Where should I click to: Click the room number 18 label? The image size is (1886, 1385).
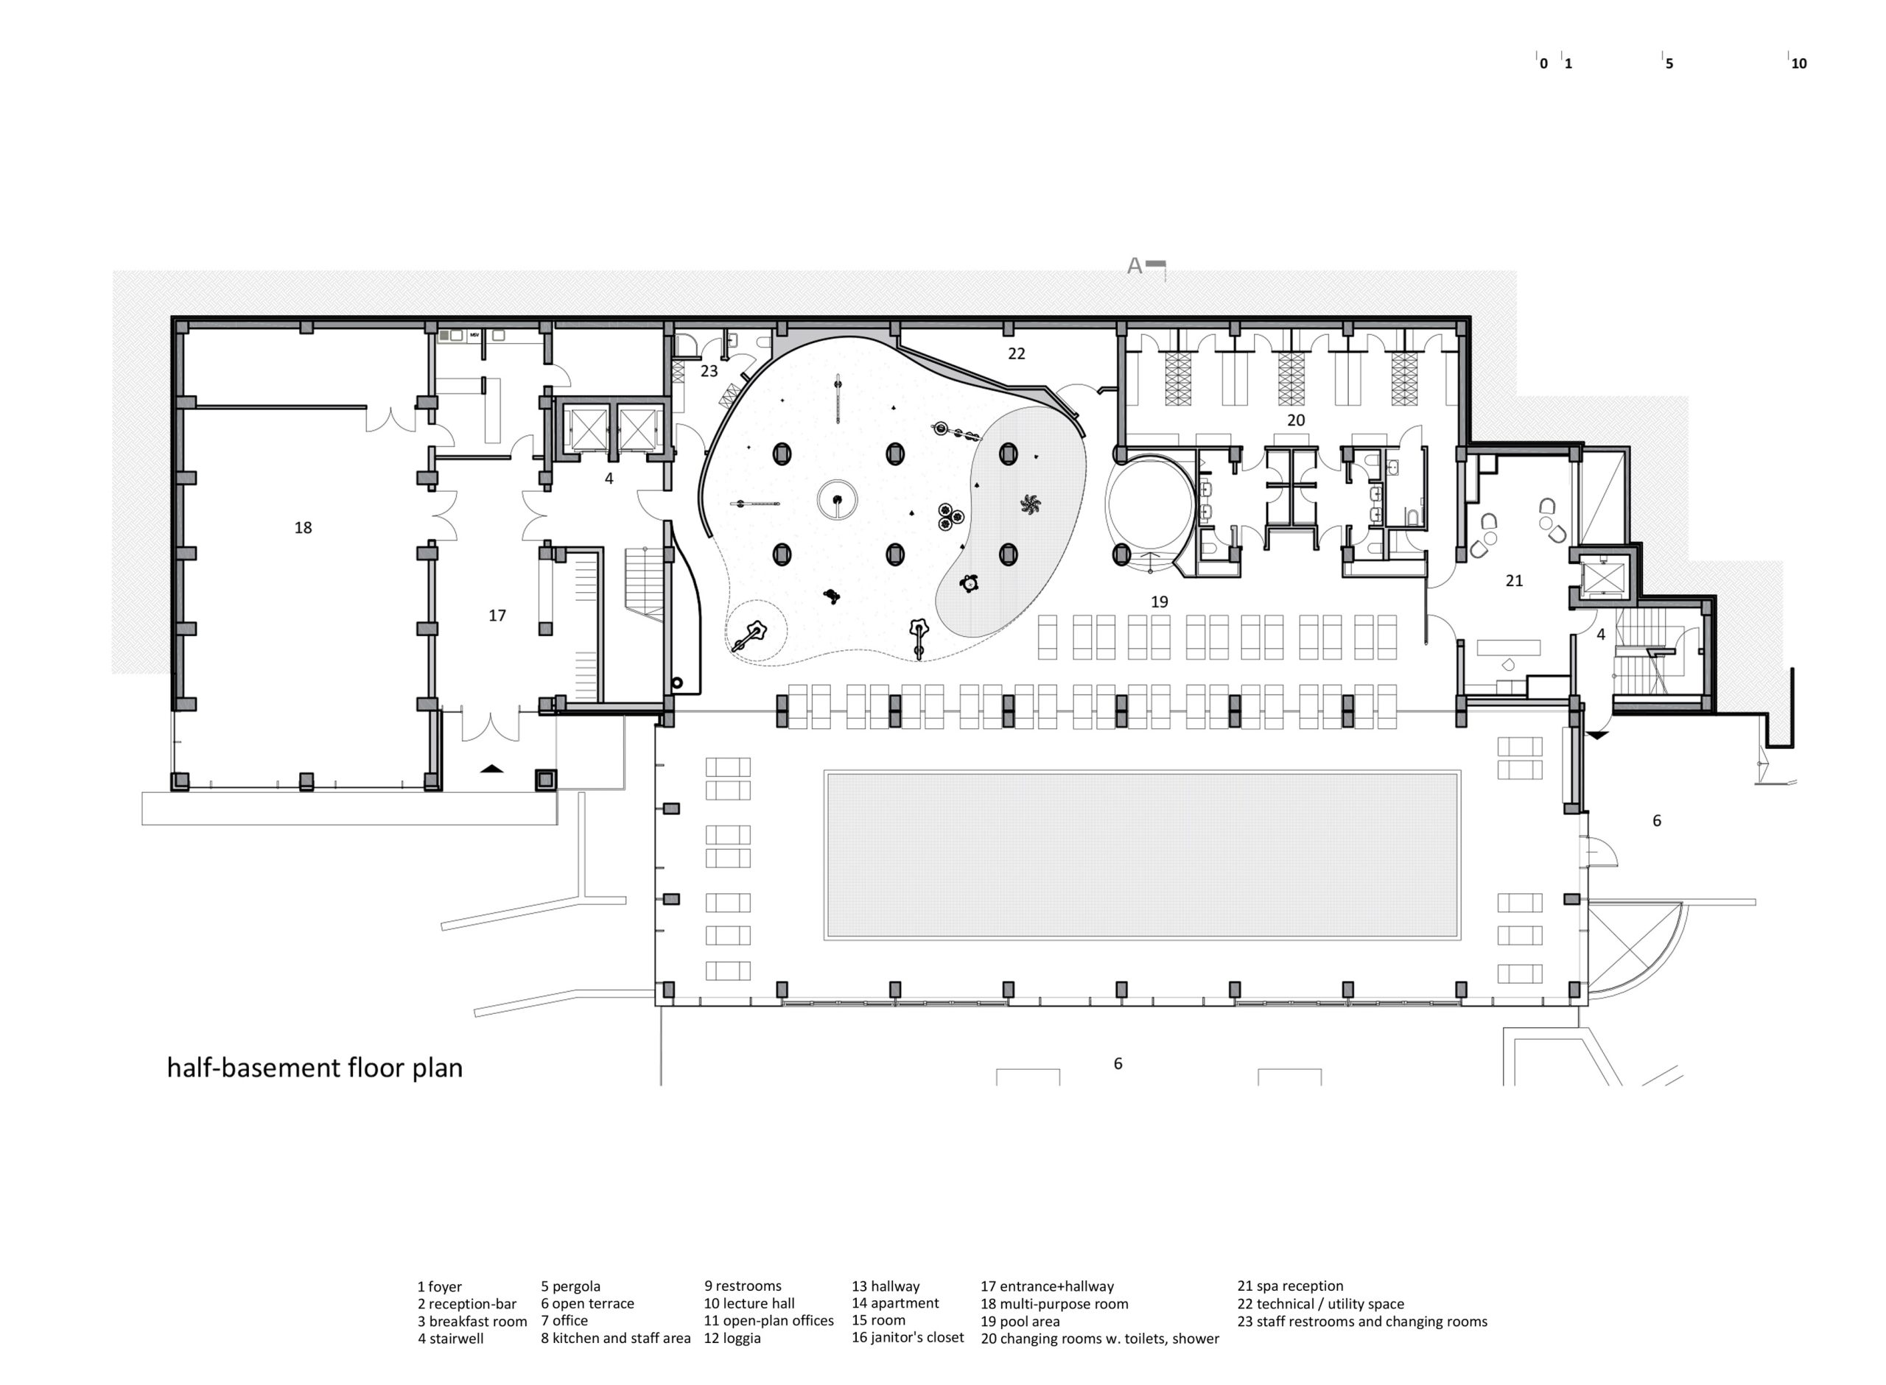tap(303, 527)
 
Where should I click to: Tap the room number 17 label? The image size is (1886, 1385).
tap(497, 616)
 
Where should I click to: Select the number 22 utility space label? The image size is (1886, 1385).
tap(1017, 353)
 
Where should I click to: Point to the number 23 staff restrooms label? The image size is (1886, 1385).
tap(709, 370)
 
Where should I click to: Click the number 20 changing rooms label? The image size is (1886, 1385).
tap(1296, 420)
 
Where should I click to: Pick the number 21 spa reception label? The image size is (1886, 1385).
tap(1514, 580)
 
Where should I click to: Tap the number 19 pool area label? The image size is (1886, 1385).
tap(1159, 601)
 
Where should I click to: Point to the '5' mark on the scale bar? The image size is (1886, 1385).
tap(1669, 63)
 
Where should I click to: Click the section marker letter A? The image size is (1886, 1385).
tap(1135, 266)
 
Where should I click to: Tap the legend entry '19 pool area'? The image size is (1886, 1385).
tap(1020, 1321)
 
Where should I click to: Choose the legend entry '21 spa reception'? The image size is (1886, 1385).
tap(1290, 1286)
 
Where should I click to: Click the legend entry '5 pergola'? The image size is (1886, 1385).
tap(570, 1286)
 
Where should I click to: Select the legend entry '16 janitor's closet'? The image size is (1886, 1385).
tap(908, 1337)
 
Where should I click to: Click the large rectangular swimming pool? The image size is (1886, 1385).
tap(1142, 854)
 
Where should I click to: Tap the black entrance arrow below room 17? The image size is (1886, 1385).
tap(492, 767)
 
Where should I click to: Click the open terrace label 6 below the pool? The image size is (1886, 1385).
tap(1117, 1064)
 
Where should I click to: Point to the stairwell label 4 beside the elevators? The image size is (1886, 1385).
tap(609, 479)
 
